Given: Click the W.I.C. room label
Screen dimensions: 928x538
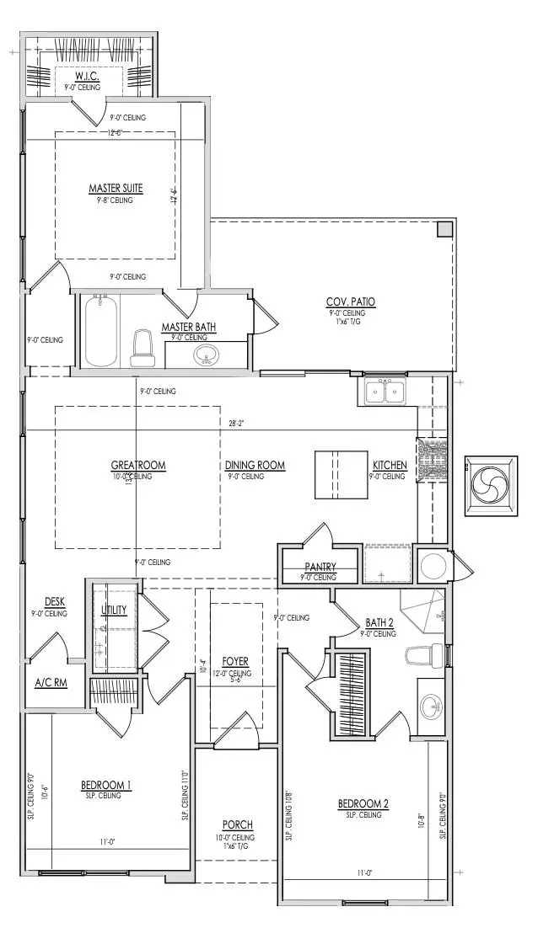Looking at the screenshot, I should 82,77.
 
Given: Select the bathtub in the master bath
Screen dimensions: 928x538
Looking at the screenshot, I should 100,330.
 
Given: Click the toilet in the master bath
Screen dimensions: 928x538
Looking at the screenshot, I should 142,347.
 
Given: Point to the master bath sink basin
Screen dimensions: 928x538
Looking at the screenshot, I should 203,355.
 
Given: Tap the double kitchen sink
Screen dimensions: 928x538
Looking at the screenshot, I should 385,391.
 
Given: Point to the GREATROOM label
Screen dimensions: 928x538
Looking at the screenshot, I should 138,465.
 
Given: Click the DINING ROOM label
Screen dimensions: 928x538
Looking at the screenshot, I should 255,465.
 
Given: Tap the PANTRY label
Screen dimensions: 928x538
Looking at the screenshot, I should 320,567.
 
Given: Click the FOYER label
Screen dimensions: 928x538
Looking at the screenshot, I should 235,662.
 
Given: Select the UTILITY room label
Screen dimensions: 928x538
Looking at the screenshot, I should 114,609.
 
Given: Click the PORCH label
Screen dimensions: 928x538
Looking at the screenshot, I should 238,824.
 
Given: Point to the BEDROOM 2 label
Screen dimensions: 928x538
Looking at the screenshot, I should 363,804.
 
